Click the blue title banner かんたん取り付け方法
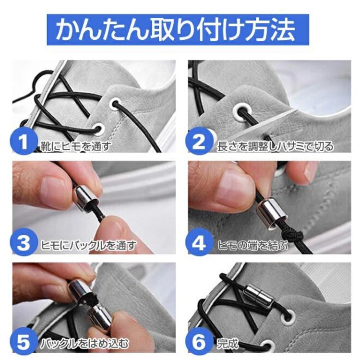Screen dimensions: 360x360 pos(178,30)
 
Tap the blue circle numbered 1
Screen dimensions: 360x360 pos(24,142)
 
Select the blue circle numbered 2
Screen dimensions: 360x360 pos(199,142)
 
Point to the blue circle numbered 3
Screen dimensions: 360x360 pos(24,243)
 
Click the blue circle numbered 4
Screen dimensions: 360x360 pos(199,243)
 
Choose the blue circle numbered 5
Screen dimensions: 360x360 pos(24,343)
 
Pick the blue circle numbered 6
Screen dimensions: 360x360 pos(199,343)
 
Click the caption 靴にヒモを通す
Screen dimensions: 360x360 pos(76,146)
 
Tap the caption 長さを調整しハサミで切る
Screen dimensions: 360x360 pos(275,146)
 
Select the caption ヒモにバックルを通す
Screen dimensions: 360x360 pos(89,246)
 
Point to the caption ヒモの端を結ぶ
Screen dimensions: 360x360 pos(252,246)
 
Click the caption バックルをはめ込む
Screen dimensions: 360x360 pos(84,344)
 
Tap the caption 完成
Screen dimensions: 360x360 pos(228,344)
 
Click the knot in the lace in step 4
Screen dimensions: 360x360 pos(291,235)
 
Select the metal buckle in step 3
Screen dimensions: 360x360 pos(86,197)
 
